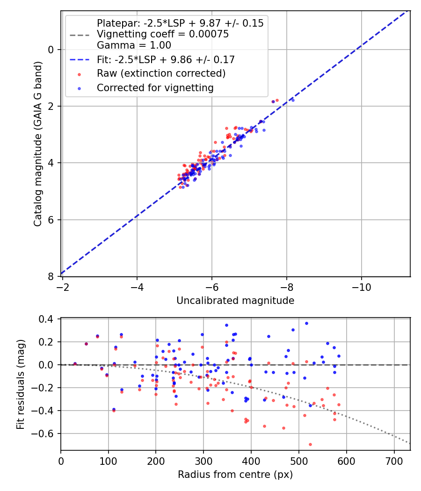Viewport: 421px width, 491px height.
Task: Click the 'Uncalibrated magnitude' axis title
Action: tap(235, 301)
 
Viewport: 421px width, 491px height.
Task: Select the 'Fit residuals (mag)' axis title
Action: tap(21, 384)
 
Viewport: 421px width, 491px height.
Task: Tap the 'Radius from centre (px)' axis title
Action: tap(235, 475)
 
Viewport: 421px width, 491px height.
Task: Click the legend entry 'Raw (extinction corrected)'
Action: tap(161, 73)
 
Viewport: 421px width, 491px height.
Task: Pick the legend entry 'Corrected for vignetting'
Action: tap(155, 87)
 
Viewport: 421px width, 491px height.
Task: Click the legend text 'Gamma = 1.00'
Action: tap(134, 45)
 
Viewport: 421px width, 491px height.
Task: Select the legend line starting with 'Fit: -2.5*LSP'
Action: tap(166, 59)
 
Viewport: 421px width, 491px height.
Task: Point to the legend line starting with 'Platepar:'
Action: tap(180, 23)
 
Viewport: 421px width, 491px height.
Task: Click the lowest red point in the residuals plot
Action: tap(310, 444)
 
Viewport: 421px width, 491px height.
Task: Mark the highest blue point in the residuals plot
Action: tap(306, 323)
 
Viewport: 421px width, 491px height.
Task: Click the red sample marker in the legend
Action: tap(80, 74)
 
